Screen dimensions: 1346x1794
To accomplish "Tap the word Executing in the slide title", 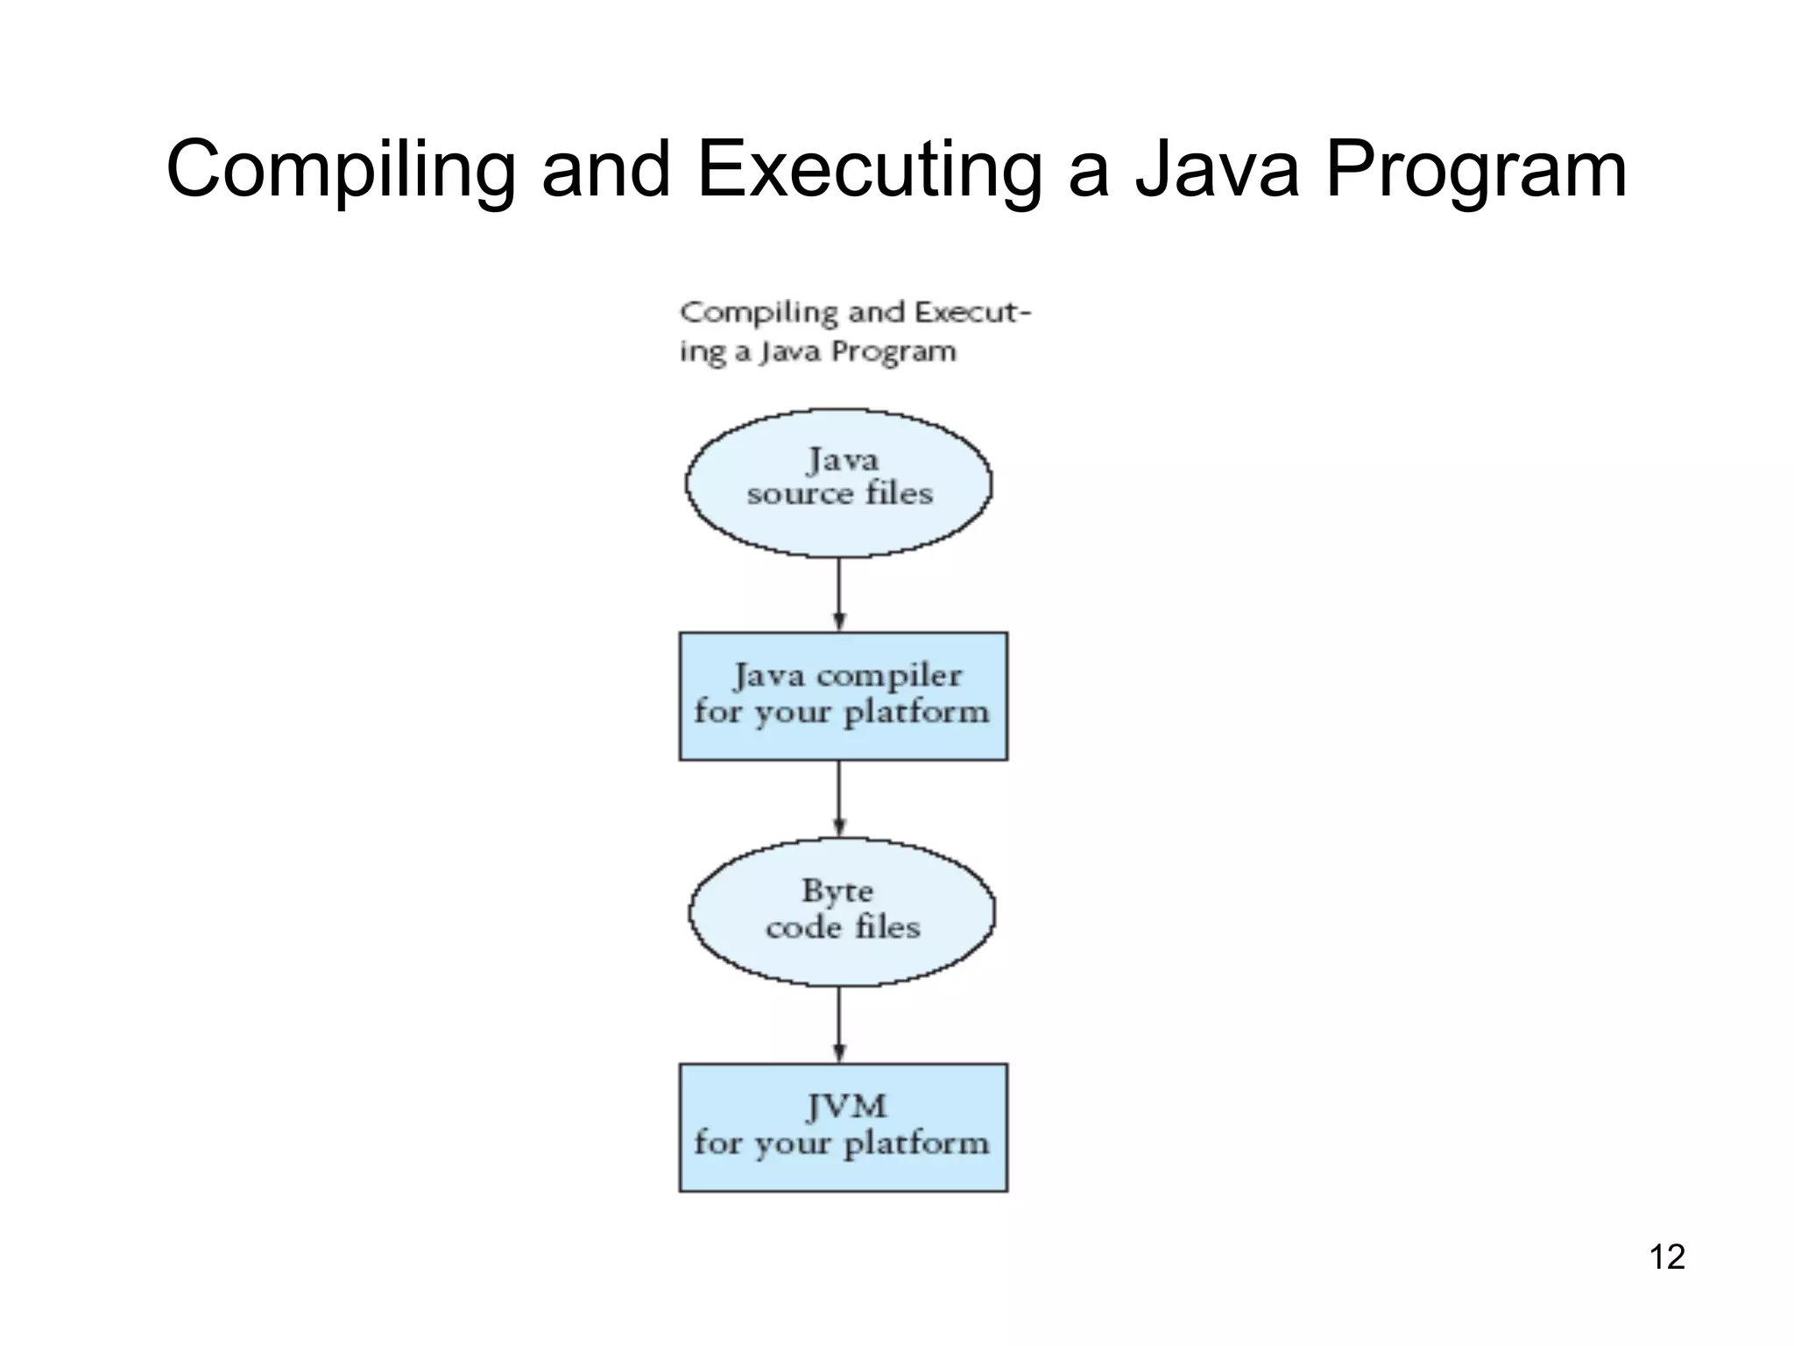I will point(869,170).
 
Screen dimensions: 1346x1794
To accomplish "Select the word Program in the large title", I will point(1475,170).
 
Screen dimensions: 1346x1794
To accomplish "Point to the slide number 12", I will point(1667,1257).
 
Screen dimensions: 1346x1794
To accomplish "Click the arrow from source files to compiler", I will point(839,594).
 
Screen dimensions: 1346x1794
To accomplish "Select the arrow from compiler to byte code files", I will point(839,797).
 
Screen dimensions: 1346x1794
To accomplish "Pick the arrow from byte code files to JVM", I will point(839,1024).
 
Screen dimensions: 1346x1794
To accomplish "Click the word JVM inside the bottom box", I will point(845,1107).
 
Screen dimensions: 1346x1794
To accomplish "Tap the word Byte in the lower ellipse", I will point(837,891).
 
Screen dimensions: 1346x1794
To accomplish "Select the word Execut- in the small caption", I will point(972,313).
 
